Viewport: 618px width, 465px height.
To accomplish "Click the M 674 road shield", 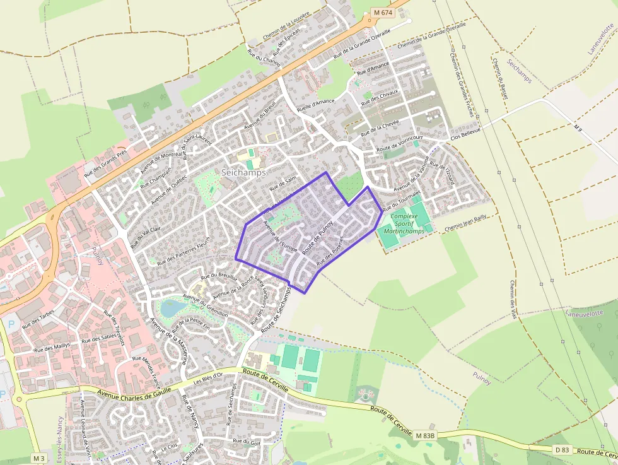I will click(x=382, y=13).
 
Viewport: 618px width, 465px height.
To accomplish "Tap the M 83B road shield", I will click(x=425, y=435).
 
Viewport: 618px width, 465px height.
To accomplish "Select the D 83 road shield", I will click(x=562, y=449).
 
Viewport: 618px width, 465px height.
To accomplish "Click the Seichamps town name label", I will click(x=243, y=172).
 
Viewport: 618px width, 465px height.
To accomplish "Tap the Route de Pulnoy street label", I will click(x=317, y=242).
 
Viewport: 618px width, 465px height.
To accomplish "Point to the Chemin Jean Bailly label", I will click(x=466, y=223).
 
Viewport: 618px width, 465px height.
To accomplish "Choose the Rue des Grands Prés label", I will click(x=105, y=162).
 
